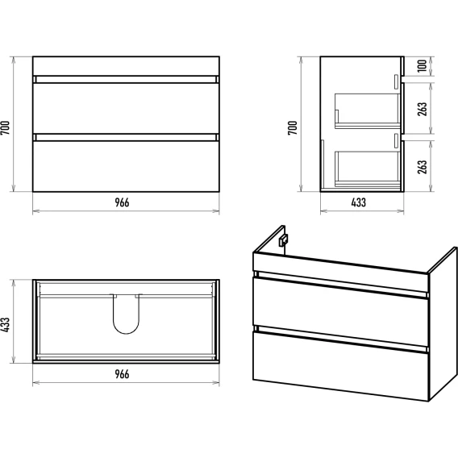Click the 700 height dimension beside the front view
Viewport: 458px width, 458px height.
pos(6,127)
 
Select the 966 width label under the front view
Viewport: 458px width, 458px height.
pos(122,202)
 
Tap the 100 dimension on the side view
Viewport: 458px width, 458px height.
pos(422,66)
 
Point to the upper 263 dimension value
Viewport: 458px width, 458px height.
pos(422,109)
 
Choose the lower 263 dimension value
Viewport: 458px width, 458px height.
pos(422,167)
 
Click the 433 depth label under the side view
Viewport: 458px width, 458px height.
pos(358,202)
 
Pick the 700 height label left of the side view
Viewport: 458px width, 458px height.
pos(293,127)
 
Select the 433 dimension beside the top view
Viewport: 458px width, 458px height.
pos(6,324)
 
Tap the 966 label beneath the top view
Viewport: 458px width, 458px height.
pos(122,374)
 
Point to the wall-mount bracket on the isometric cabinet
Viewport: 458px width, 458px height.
pos(283,240)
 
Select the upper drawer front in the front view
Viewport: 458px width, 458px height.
pos(126,108)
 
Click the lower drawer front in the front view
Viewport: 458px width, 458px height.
pos(126,166)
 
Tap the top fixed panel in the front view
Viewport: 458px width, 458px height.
pos(126,66)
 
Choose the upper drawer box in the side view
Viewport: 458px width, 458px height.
pos(367,111)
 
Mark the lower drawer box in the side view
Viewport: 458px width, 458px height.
pos(367,169)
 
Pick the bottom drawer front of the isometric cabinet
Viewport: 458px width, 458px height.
pos(340,366)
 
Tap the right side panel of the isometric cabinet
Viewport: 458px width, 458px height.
pos(443,324)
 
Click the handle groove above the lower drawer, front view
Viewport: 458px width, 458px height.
pos(126,138)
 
